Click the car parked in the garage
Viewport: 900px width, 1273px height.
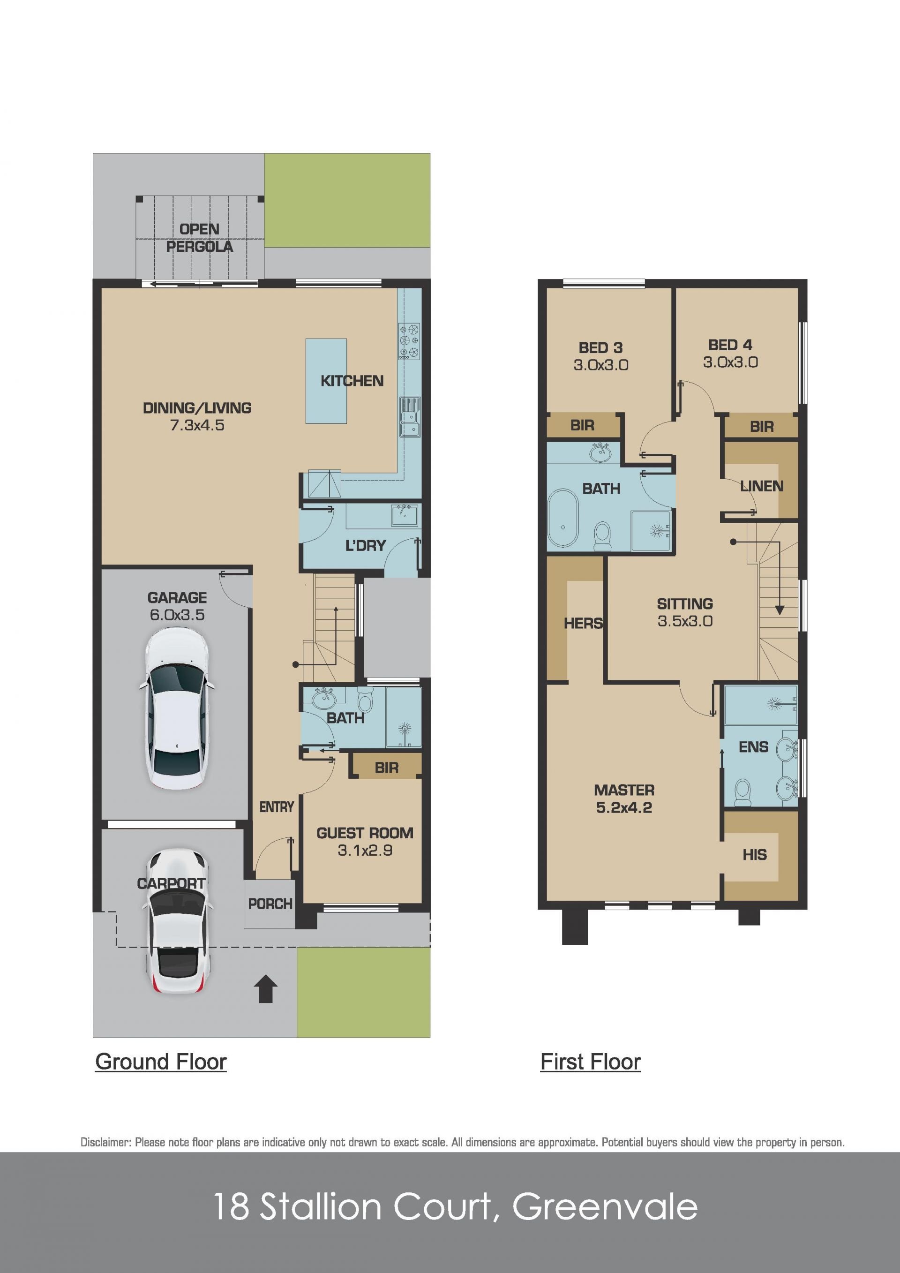click(176, 708)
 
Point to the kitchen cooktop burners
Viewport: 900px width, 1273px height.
click(409, 341)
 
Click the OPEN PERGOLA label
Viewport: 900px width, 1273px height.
click(200, 238)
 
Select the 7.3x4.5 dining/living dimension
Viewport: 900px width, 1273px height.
click(197, 425)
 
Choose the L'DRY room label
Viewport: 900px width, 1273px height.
click(365, 546)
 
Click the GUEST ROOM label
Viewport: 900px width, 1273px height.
click(365, 833)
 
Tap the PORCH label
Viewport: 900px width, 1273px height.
click(270, 904)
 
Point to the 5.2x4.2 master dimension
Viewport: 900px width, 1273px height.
click(624, 807)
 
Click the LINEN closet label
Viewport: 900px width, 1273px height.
click(761, 486)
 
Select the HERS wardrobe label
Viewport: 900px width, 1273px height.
click(583, 623)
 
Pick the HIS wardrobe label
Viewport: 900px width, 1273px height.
click(755, 854)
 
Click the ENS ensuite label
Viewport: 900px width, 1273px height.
click(754, 747)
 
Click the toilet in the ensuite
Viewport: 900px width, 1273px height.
click(742, 793)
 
